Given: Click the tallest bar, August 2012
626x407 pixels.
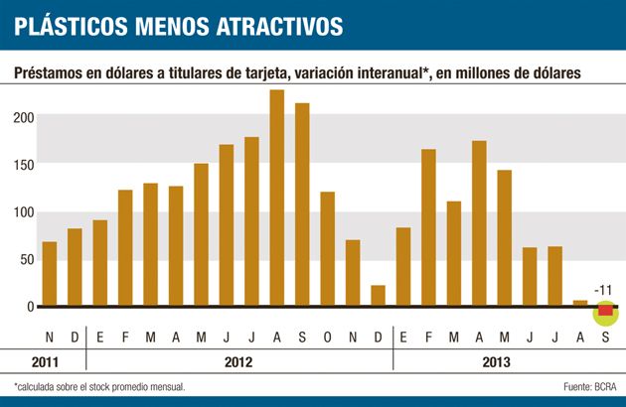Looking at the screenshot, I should pos(277,198).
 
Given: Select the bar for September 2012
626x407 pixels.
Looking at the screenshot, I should pos(302,204).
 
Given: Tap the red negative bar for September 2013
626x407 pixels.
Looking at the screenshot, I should pos(605,312).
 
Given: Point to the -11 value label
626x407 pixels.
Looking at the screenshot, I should pos(605,290).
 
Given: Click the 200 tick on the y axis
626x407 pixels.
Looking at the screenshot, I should pos(23,118).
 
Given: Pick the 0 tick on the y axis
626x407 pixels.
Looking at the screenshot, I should pos(31,307).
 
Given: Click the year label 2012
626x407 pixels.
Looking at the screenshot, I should pos(238,362).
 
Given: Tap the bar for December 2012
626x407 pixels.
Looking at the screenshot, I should pos(378,296).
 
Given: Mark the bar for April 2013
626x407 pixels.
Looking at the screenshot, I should pos(479,223).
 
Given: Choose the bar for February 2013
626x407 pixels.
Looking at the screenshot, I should pos(428,228).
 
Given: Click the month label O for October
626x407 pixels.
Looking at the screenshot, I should pos(327,335).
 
